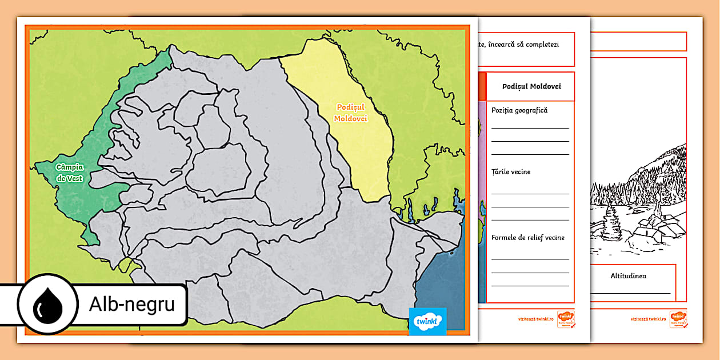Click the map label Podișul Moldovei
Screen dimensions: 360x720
pyautogui.click(x=351, y=113)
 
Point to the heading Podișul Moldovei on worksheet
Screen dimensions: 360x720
pyautogui.click(x=531, y=86)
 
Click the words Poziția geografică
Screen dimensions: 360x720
pyautogui.click(x=519, y=110)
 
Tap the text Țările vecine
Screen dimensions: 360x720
pyautogui.click(x=511, y=171)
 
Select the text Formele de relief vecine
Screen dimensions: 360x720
pyautogui.click(x=528, y=238)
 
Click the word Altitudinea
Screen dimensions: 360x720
pyautogui.click(x=628, y=276)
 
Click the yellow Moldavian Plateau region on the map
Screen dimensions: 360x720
pyautogui.click(x=366, y=149)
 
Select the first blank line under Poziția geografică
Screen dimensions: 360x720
pyautogui.click(x=530, y=127)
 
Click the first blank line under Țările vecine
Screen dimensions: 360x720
pyautogui.click(x=530, y=194)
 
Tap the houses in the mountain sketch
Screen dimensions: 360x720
pyautogui.click(x=657, y=229)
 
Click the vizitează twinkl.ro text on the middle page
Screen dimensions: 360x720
pyautogui.click(x=537, y=319)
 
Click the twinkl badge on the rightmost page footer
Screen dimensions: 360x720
pyautogui.click(x=678, y=318)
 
